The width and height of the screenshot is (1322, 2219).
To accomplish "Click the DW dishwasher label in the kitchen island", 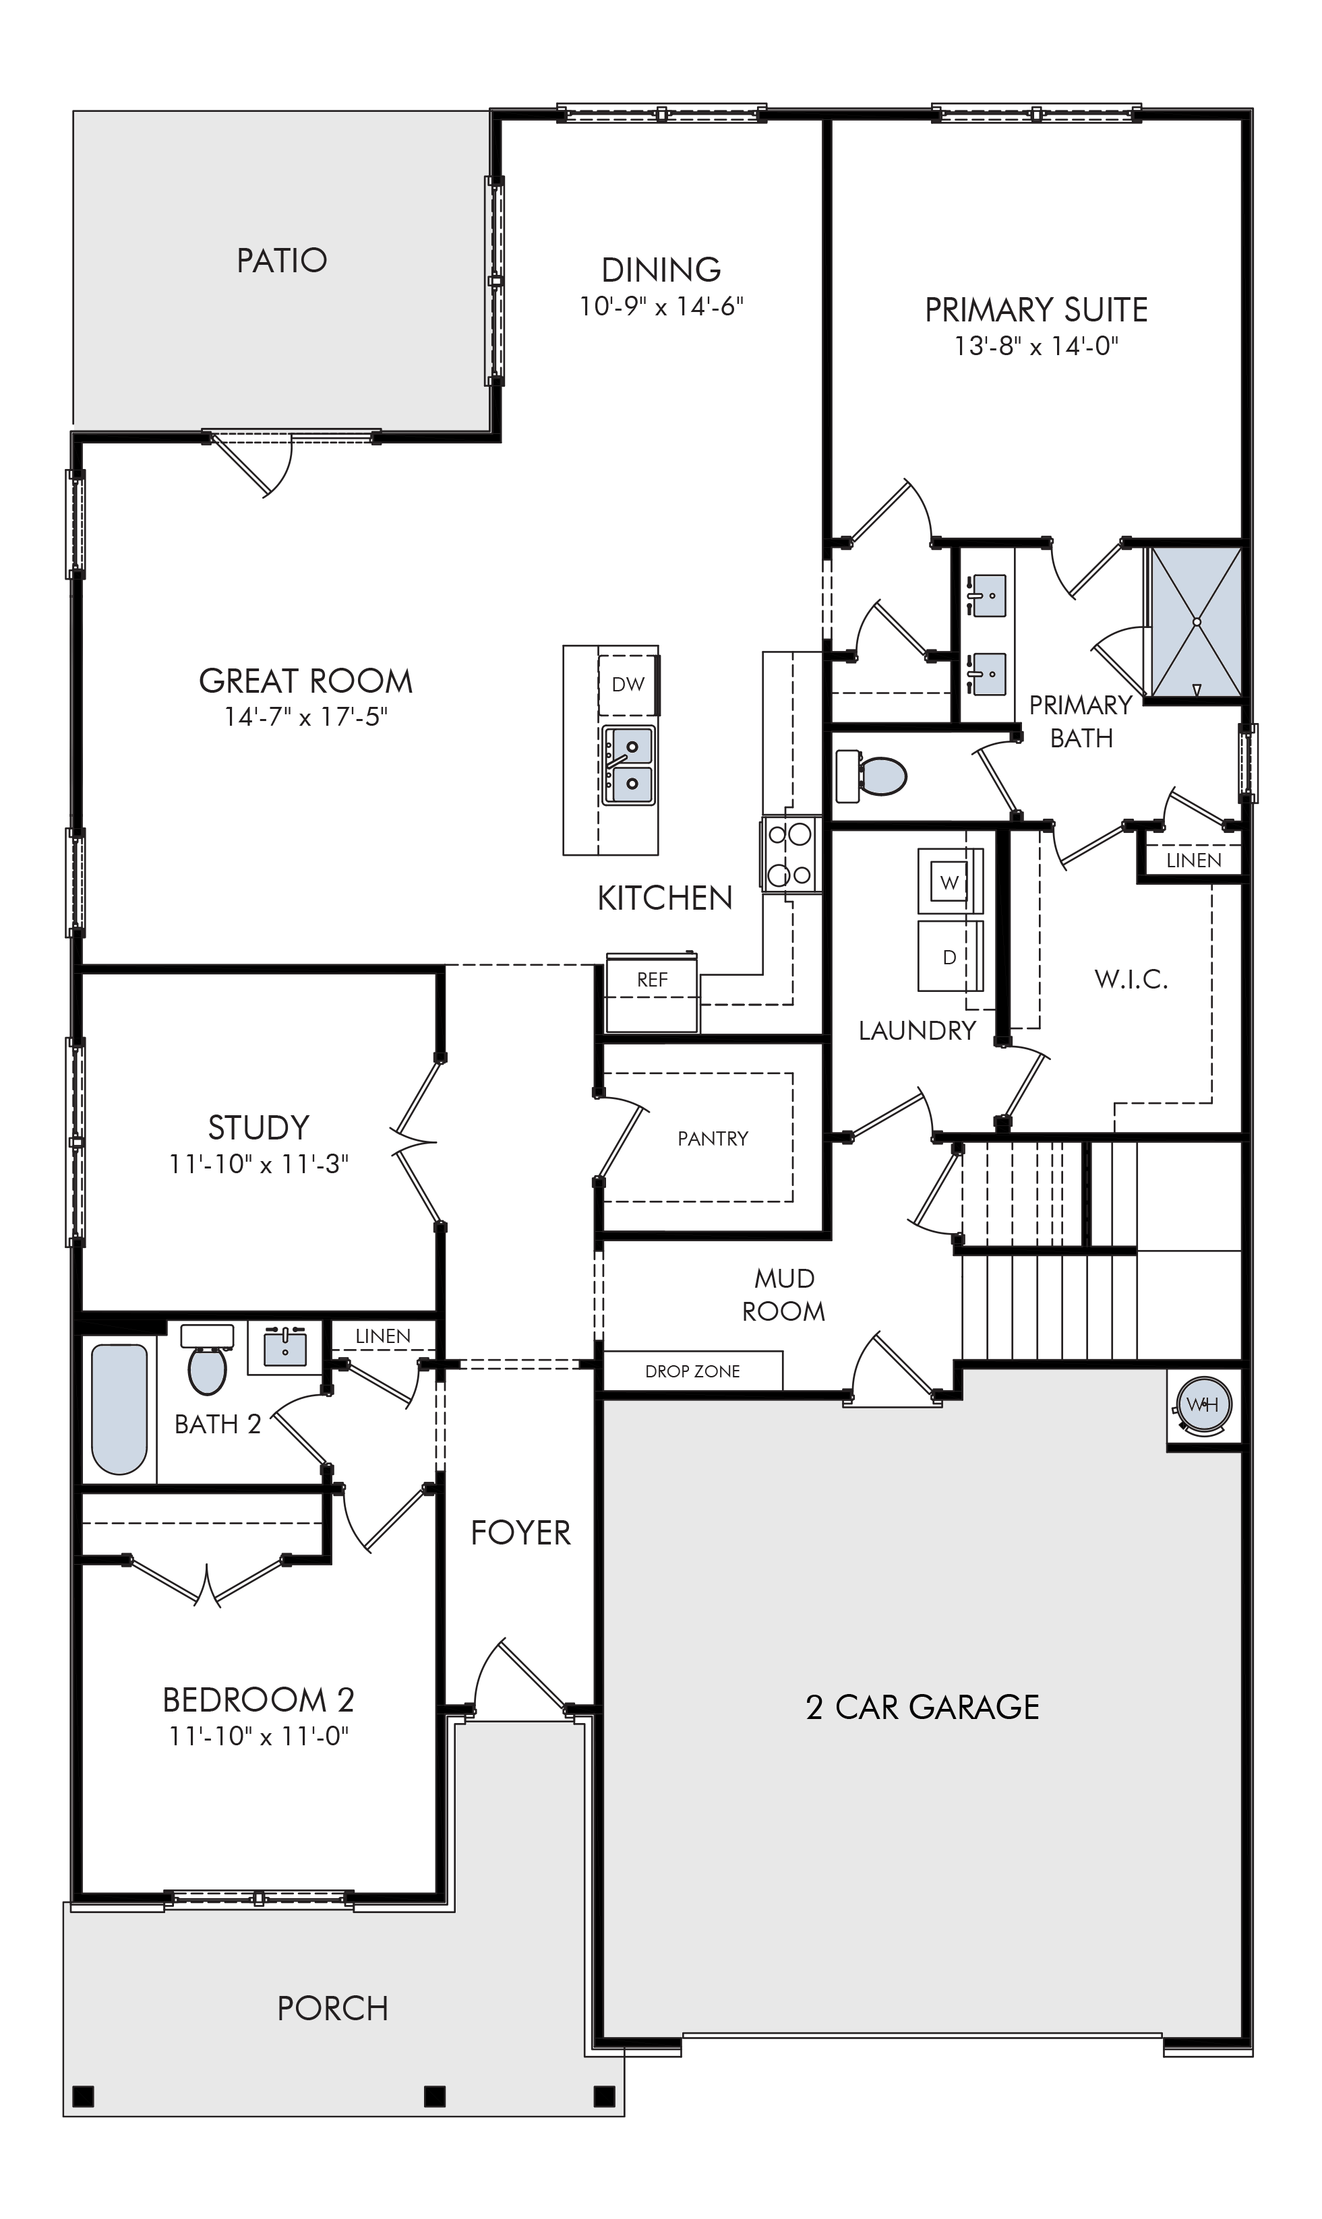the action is pos(628,684).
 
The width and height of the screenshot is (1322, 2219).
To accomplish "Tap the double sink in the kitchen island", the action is pos(629,765).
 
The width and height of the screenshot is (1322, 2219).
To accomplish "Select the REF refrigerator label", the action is pos(652,980).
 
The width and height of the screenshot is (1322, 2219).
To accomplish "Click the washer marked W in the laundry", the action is pos(951,881).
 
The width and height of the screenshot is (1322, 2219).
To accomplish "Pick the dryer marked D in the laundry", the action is pos(951,958).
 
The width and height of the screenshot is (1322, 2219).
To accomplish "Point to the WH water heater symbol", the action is pos(1203,1405).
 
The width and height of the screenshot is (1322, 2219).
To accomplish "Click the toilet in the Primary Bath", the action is pos(870,776).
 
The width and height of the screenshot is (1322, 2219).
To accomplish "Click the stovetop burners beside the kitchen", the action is pos(790,854).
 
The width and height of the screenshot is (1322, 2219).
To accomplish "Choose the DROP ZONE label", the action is pos(692,1371).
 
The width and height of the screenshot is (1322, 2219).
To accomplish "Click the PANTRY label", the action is pos(713,1138).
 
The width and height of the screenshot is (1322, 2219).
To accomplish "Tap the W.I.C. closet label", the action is pos(1131,980).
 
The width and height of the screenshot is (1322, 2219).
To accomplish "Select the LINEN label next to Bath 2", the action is pos(383,1336).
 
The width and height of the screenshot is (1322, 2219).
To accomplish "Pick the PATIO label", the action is pos(282,260).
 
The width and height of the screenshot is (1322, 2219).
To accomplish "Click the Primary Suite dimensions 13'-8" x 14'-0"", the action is pos(1036,346).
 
